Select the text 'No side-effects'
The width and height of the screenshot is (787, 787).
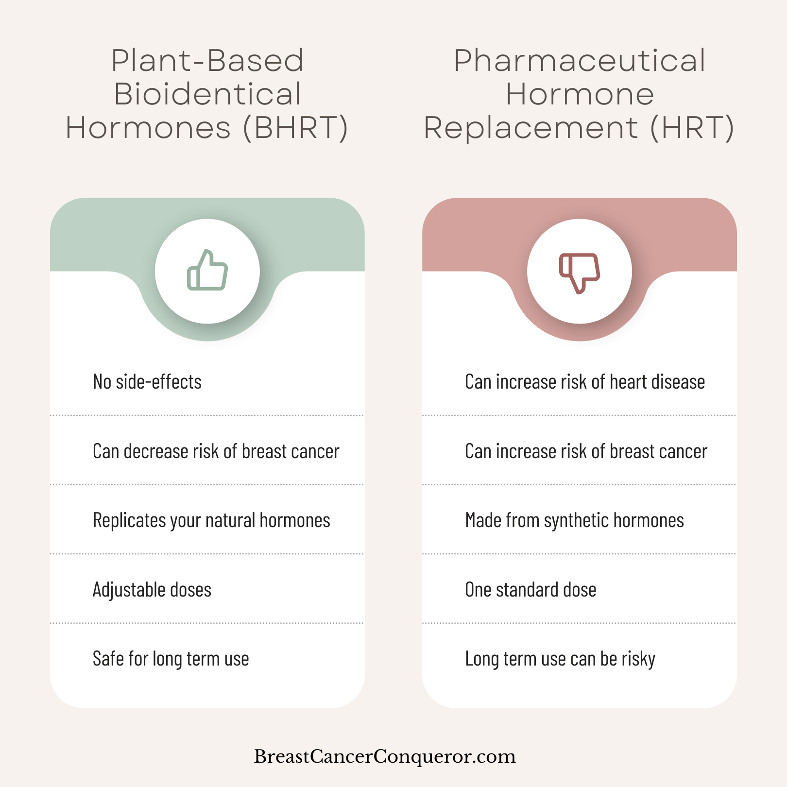(x=147, y=382)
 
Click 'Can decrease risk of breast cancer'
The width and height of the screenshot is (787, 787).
(x=216, y=451)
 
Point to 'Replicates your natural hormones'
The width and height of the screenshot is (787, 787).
(x=211, y=521)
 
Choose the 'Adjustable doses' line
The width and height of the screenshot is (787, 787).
(x=152, y=590)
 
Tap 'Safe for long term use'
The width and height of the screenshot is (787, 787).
(x=171, y=659)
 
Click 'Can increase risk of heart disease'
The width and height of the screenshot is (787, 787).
(x=585, y=382)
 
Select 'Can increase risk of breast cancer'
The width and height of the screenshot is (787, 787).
(x=586, y=451)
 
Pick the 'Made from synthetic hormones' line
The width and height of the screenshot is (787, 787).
(x=575, y=521)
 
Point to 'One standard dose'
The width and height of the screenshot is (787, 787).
(x=530, y=590)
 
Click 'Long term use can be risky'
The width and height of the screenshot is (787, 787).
(x=560, y=659)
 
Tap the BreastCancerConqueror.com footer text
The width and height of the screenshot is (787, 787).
(x=385, y=756)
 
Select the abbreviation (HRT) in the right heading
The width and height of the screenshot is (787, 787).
(x=692, y=128)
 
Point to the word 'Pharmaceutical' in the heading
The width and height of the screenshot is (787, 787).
(x=580, y=61)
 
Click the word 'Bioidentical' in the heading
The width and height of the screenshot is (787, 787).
(x=208, y=94)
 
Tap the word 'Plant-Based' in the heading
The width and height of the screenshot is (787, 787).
(x=208, y=61)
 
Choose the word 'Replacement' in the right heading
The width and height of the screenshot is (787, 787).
(x=531, y=128)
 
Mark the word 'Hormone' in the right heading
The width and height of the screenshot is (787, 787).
(x=580, y=94)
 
